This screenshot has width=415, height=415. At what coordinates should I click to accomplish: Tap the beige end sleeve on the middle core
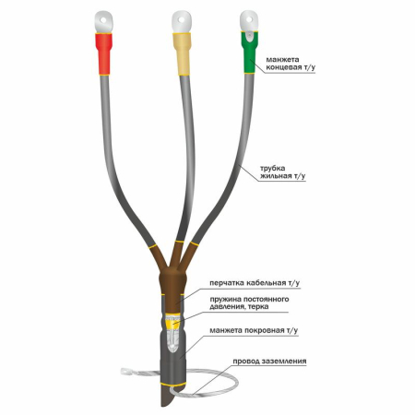[183, 53]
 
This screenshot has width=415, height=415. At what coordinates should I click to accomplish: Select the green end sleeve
[250, 52]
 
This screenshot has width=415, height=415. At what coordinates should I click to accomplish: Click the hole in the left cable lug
[104, 20]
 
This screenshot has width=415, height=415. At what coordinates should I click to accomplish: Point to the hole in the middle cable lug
[182, 20]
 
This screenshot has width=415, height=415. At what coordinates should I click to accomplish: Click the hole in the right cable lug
[250, 20]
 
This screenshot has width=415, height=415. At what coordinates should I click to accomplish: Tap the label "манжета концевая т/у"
[290, 64]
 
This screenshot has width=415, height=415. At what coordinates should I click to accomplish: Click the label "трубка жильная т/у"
[283, 172]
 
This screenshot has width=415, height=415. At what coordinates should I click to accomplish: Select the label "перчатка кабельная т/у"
[255, 283]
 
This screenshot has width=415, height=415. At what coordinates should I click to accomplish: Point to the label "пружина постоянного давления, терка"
[249, 302]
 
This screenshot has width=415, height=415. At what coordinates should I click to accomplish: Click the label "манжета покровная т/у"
[254, 330]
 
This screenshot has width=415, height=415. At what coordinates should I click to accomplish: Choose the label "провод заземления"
[269, 361]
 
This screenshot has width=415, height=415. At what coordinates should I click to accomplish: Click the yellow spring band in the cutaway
[172, 325]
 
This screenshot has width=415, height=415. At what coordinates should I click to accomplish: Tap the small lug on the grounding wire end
[126, 372]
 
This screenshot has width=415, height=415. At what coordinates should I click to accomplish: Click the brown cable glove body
[172, 279]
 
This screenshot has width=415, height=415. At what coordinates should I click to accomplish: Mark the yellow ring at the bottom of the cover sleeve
[172, 385]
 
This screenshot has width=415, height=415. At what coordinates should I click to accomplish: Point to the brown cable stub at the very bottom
[167, 397]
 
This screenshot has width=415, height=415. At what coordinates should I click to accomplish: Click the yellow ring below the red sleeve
[103, 75]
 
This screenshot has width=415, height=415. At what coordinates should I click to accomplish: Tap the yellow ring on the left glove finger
[153, 246]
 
